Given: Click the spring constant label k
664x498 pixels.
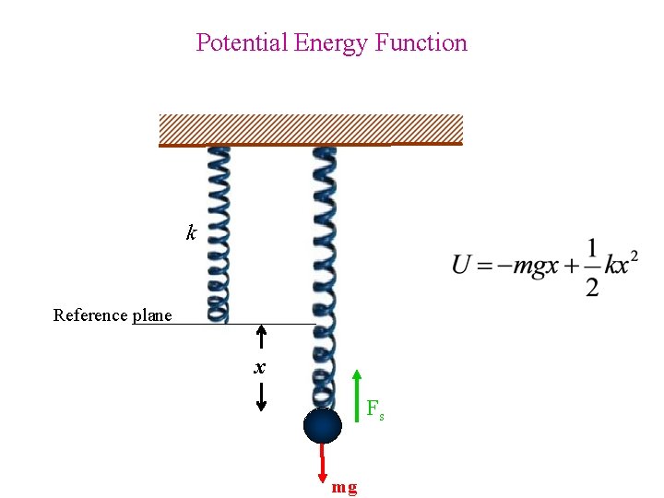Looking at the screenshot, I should tap(191, 233).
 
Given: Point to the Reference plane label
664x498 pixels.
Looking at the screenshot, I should tap(113, 315).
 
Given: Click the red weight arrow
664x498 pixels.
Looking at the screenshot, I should tap(324, 461).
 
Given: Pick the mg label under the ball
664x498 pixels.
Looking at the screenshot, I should tap(345, 487).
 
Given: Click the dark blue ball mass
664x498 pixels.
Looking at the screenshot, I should tap(323, 427).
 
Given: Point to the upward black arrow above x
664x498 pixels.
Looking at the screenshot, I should tap(261, 337).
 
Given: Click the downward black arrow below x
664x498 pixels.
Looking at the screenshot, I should tap(261, 397).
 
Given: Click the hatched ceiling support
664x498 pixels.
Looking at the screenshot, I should tap(311, 129).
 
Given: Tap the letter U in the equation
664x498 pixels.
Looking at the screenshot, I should tap(462, 266).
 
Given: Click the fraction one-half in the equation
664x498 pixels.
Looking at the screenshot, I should tap(591, 268).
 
